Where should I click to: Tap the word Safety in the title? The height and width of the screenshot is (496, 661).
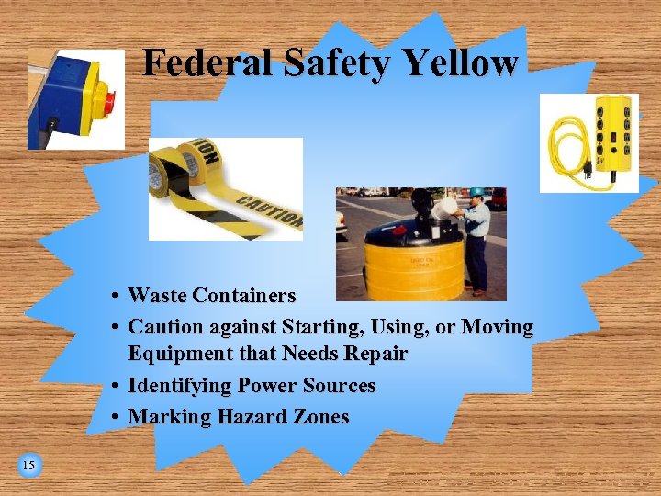point(313,63)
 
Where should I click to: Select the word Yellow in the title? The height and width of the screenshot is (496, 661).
point(450,63)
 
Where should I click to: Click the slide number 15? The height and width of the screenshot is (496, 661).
point(28,466)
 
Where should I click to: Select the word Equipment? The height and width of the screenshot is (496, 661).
point(176,354)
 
